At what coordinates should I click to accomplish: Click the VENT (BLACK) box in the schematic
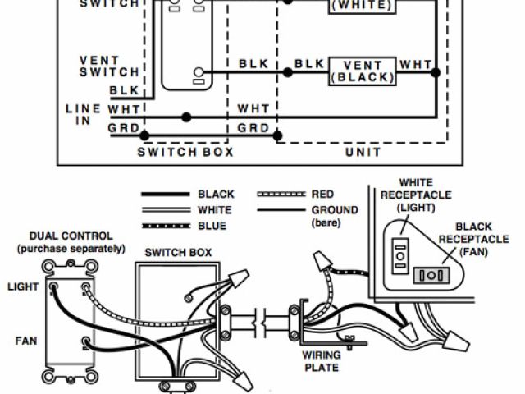pyautogui.click(x=363, y=71)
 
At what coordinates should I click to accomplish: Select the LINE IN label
pyautogui.click(x=83, y=115)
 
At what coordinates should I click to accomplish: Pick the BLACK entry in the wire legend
pyautogui.click(x=216, y=195)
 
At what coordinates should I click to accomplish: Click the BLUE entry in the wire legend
pyautogui.click(x=212, y=226)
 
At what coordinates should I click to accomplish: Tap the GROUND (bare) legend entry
pyautogui.click(x=335, y=216)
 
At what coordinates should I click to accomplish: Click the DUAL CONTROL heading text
pyautogui.click(x=71, y=236)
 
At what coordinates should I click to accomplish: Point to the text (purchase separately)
pyautogui.click(x=71, y=248)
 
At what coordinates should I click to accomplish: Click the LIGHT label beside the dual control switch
pyautogui.click(x=22, y=286)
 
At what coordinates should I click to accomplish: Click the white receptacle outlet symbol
pyautogui.click(x=401, y=255)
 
